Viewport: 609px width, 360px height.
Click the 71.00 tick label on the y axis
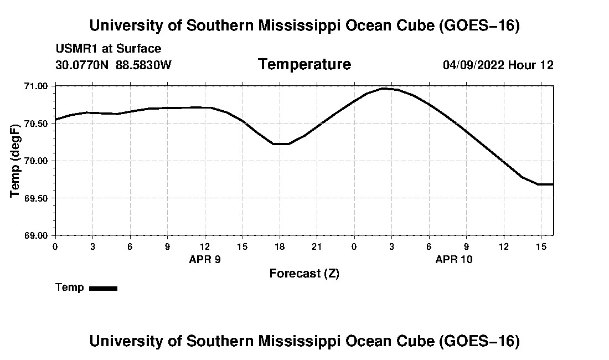36,86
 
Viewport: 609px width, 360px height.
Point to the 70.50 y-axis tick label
36,124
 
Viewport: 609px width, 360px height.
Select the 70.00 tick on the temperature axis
36,161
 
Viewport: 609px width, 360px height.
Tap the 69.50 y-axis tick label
36,198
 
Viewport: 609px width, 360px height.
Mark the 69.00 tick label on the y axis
36,235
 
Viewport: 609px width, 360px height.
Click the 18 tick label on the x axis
280,246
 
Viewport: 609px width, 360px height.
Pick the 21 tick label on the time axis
317,246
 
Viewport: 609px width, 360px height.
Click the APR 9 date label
205,259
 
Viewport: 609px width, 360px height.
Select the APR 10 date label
454,259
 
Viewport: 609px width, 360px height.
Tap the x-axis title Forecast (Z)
304,274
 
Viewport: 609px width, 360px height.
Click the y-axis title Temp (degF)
15,161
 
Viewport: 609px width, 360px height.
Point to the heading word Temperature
304,64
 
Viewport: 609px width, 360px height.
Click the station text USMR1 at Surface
109,49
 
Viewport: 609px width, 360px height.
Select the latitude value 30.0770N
82,65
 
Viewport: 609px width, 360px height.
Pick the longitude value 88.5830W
143,65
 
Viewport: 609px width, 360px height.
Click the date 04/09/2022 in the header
473,65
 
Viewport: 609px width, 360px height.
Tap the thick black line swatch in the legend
104,288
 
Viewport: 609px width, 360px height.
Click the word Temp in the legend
70,287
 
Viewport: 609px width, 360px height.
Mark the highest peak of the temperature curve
383,89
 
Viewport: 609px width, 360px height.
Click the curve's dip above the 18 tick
281,143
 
